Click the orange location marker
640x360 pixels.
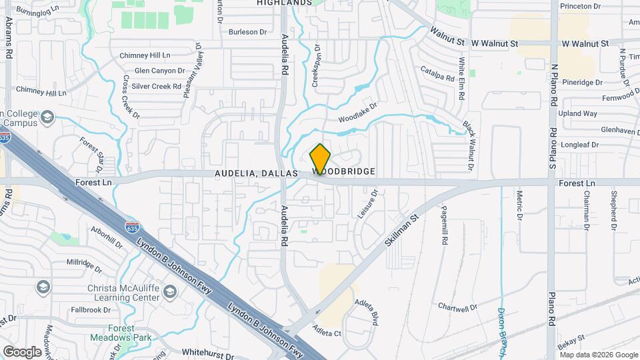[x=320, y=159]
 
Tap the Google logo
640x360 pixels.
[x=22, y=351]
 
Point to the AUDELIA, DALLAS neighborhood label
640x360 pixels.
[x=256, y=172]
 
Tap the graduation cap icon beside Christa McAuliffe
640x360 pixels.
[x=171, y=291]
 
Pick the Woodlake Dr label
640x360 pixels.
[x=358, y=111]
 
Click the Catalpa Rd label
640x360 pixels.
[x=437, y=72]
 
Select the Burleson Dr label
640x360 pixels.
[x=247, y=31]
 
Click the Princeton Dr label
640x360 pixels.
[x=581, y=6]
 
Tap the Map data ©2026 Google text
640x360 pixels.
[x=598, y=354]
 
